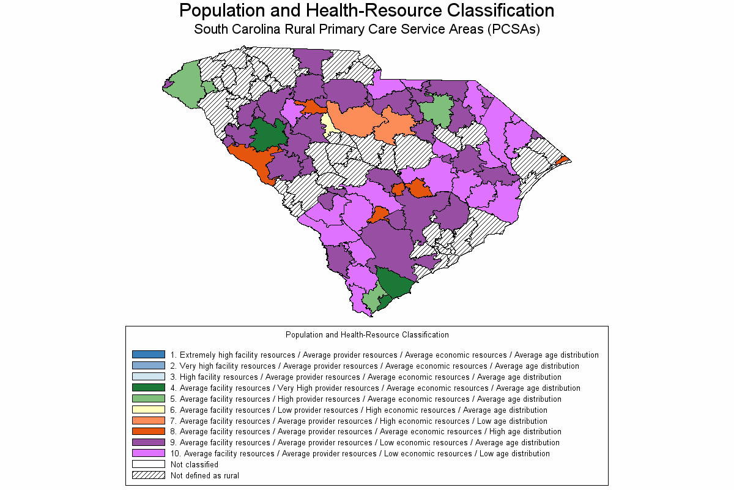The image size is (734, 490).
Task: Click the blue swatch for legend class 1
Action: (x=149, y=355)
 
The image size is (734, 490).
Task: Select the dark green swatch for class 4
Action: (x=149, y=388)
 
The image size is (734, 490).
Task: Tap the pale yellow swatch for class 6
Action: (x=149, y=410)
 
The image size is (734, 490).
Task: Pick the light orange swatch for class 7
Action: (x=149, y=421)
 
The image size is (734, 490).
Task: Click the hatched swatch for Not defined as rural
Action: (x=149, y=475)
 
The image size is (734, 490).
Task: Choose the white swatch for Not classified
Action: (x=149, y=464)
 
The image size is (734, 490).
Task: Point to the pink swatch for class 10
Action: (x=149, y=453)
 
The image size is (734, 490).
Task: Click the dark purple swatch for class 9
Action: (x=149, y=442)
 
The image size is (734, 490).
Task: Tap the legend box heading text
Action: (x=367, y=335)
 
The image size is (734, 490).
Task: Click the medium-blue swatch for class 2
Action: (x=149, y=366)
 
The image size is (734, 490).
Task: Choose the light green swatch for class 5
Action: (x=149, y=399)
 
